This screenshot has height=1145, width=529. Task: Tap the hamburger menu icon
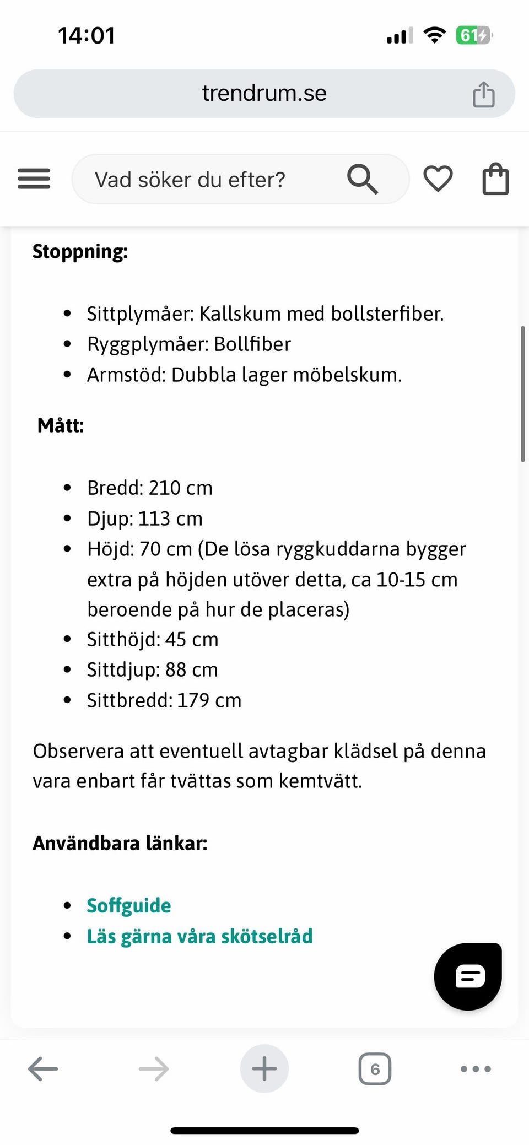[x=34, y=179]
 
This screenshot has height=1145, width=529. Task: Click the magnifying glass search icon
[x=362, y=179]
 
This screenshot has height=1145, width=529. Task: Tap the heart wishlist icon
[x=438, y=179]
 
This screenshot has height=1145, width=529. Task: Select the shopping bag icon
[x=495, y=179]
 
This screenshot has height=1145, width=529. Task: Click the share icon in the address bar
[x=483, y=94]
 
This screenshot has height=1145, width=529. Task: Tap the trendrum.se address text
[x=264, y=93]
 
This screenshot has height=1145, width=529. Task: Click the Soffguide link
[x=129, y=905]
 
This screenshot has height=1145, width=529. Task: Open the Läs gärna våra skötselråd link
[x=199, y=936]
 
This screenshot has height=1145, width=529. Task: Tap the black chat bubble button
[x=468, y=976]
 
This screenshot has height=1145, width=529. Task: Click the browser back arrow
[x=43, y=1069]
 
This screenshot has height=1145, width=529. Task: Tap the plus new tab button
[x=264, y=1069]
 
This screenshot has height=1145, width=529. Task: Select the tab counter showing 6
[x=375, y=1069]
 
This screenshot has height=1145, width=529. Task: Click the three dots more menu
[x=476, y=1069]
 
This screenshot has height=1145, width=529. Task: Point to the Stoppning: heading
[x=80, y=251]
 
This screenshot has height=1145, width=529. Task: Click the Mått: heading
[x=61, y=425]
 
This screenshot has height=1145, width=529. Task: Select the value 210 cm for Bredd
[x=181, y=488]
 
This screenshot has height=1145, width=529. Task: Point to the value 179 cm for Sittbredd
[x=209, y=700]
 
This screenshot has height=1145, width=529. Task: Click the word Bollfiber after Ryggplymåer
[x=252, y=344]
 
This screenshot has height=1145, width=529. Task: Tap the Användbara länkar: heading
[x=120, y=843]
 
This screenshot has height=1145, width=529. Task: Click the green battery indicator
[x=473, y=36]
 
